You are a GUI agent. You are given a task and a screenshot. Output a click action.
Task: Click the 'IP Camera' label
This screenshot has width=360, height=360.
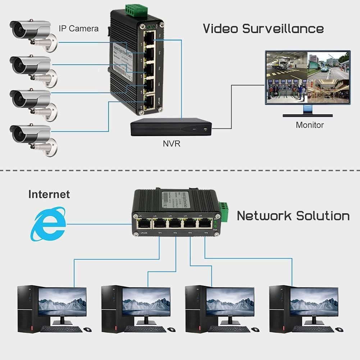pyautogui.click(x=78, y=28)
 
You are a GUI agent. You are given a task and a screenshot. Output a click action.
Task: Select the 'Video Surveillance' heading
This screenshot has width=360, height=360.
pyautogui.click(x=263, y=28)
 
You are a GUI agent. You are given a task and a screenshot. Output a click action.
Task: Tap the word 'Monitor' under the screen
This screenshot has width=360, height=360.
pyautogui.click(x=309, y=125)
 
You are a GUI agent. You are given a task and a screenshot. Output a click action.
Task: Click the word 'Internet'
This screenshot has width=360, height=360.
pyautogui.click(x=49, y=195)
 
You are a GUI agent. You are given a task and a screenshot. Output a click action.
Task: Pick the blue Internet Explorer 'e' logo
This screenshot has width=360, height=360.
pyautogui.click(x=48, y=223)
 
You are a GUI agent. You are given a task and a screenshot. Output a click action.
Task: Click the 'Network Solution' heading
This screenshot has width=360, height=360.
pyautogui.click(x=293, y=216)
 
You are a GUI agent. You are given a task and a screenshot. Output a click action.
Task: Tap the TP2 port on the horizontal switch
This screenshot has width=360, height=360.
pyautogui.click(x=175, y=224)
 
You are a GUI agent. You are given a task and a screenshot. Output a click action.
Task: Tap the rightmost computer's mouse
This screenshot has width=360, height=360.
pyautogui.click(x=338, y=329)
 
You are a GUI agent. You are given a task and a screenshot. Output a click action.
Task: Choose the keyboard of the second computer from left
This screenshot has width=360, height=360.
pyautogui.click(x=145, y=329)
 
